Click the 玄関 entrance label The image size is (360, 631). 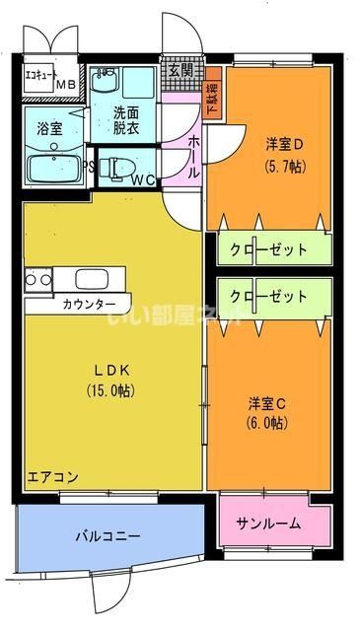click(180, 71)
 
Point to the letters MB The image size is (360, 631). click(64, 85)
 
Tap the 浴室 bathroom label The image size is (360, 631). click(49, 128)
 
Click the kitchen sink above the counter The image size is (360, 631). click(94, 279)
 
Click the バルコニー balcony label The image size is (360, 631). click(107, 536)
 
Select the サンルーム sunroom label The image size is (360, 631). click(268, 524)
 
